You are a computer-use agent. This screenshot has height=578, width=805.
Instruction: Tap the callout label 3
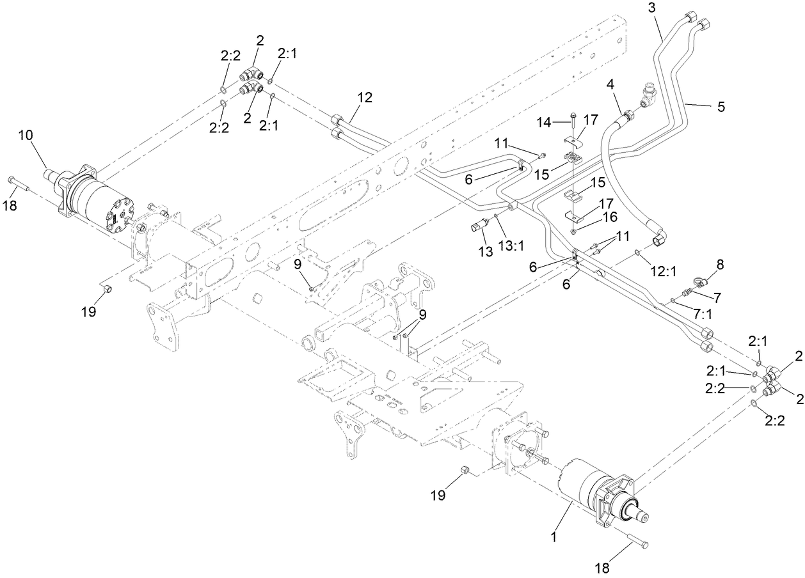pos(651,8)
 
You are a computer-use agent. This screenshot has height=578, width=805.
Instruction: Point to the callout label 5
pos(721,107)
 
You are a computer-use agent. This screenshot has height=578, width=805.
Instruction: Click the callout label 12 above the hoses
pos(364,98)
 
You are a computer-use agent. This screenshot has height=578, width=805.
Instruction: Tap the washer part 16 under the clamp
pos(574,231)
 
